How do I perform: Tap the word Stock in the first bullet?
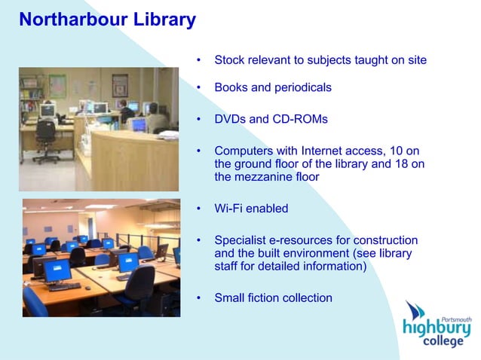[x=229, y=59]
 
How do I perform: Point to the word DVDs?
[x=229, y=119]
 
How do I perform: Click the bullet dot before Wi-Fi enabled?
[x=198, y=209]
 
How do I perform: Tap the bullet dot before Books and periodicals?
[x=198, y=87]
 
